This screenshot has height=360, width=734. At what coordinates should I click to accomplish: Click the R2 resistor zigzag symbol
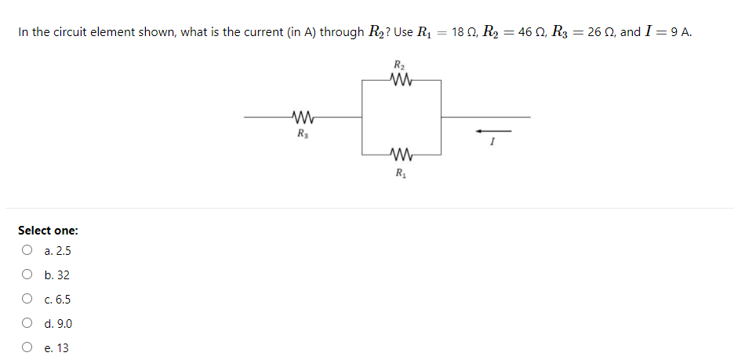point(400,79)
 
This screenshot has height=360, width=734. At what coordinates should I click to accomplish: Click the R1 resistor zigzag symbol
point(400,153)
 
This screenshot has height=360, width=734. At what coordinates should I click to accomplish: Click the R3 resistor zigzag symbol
point(302,118)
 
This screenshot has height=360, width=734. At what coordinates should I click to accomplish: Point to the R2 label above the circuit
point(399,64)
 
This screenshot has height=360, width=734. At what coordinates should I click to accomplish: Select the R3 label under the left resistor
point(302,133)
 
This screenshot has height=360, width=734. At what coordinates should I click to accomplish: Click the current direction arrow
point(492,130)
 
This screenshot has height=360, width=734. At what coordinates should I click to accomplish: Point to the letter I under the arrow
point(492,143)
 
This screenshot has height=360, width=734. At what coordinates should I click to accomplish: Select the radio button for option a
point(27,251)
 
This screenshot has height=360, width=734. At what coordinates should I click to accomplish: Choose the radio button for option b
point(27,275)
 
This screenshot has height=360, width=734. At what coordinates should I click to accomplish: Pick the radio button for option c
point(27,300)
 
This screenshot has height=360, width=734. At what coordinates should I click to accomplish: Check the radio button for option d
point(27,323)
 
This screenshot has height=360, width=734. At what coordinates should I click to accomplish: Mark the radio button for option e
point(27,347)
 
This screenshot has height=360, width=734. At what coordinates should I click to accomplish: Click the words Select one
point(48,231)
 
